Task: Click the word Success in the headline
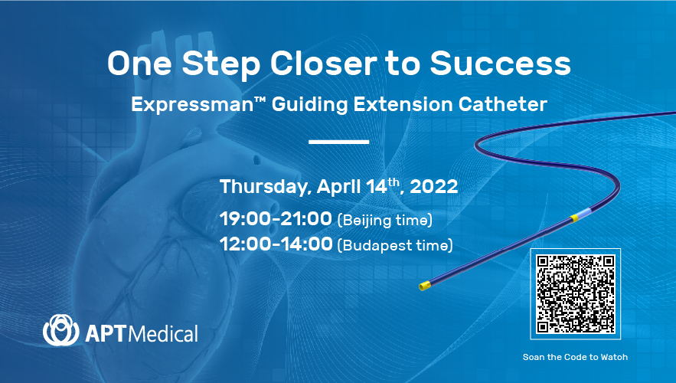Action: click(x=500, y=64)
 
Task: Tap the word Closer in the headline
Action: click(x=323, y=64)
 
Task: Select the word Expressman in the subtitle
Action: click(x=192, y=105)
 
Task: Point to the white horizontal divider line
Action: click(x=339, y=142)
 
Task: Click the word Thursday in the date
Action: click(x=264, y=187)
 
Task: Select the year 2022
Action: click(x=434, y=187)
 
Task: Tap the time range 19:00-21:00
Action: click(x=276, y=218)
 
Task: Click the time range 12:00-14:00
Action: click(x=276, y=244)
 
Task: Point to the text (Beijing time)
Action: click(x=384, y=220)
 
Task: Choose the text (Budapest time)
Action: click(x=395, y=245)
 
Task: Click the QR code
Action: click(x=575, y=294)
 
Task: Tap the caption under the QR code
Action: click(x=575, y=357)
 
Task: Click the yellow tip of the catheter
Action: click(x=425, y=286)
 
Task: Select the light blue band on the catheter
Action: click(x=583, y=214)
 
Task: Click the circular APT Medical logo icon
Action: click(x=60, y=330)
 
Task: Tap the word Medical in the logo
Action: click(x=164, y=334)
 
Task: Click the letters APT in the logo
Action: click(x=106, y=334)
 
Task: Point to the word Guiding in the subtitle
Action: click(x=309, y=105)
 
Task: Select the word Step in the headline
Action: click(x=220, y=64)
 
